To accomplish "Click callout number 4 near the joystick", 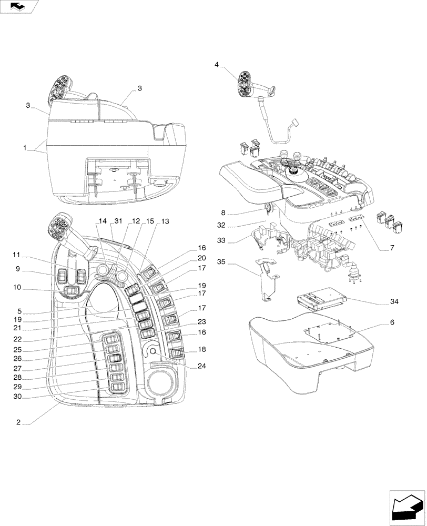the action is (216, 64).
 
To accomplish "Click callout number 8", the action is (223, 213).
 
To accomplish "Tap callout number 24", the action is (201, 367).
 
